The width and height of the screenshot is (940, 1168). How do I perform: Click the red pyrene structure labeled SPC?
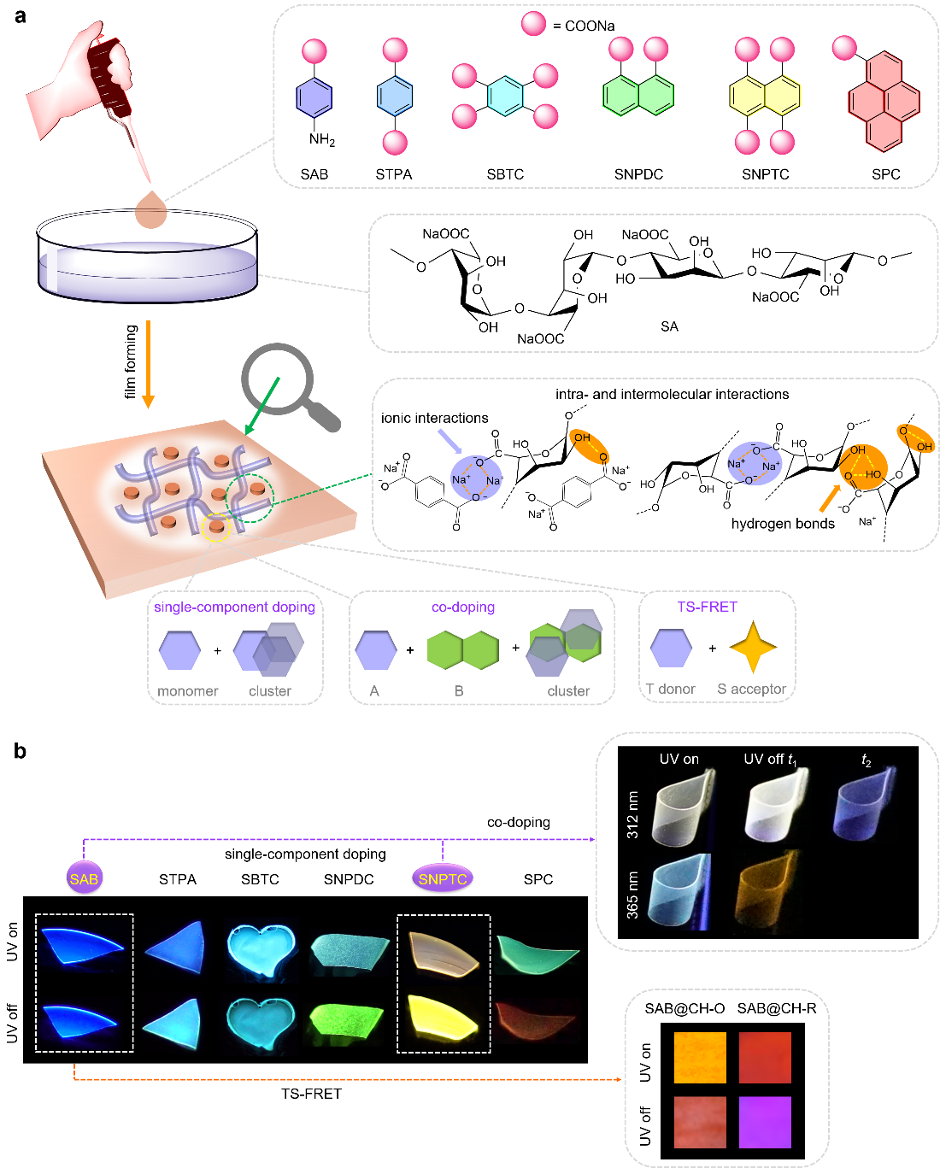tap(884, 101)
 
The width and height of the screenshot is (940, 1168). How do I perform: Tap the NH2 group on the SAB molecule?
tap(322, 139)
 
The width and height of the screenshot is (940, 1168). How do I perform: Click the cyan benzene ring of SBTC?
tap(505, 97)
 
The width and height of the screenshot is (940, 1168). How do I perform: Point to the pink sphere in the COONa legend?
tap(534, 24)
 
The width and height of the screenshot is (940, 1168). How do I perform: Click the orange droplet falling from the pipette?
tap(151, 210)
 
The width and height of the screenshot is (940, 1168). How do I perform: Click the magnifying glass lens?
tap(277, 379)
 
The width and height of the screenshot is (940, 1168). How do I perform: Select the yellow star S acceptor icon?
tap(753, 648)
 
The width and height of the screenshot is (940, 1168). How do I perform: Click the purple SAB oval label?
tap(84, 878)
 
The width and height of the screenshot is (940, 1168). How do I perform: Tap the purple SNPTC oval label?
tap(443, 878)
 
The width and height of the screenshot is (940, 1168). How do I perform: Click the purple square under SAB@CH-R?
tap(765, 1122)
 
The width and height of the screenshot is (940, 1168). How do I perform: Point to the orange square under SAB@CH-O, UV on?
tap(700, 1058)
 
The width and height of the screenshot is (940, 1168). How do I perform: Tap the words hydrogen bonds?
tap(783, 524)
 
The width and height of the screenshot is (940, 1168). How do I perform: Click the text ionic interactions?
tap(434, 418)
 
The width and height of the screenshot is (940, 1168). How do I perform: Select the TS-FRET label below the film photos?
tap(311, 1094)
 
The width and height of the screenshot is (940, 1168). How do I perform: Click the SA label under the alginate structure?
tap(669, 326)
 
